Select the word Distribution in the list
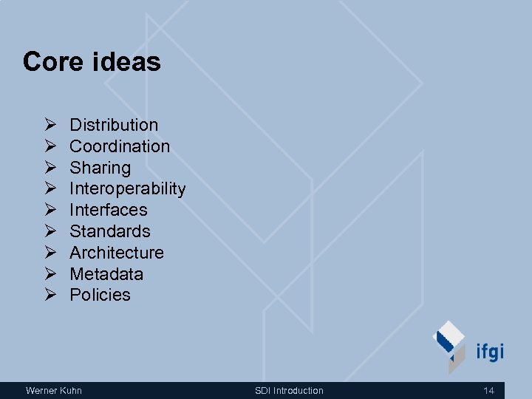tap(114, 125)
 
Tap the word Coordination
tap(120, 146)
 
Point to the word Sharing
tap(100, 168)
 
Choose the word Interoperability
tap(127, 189)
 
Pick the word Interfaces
tap(109, 210)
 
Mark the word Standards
tap(110, 231)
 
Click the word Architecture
tap(117, 253)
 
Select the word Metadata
tap(106, 274)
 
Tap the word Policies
tap(100, 295)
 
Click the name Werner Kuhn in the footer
tap(54, 390)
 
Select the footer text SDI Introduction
tap(289, 390)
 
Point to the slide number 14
tap(488, 390)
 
